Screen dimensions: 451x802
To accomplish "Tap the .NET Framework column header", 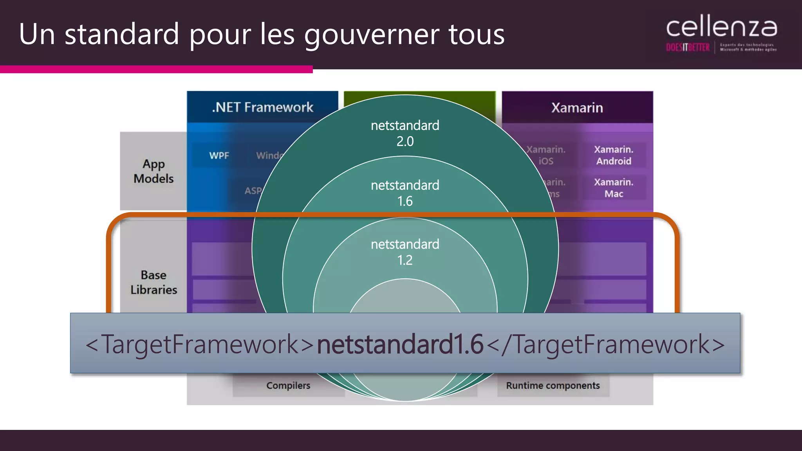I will [262, 107].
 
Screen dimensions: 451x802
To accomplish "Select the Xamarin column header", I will [577, 108].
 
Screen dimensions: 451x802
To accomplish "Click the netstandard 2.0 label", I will [405, 133].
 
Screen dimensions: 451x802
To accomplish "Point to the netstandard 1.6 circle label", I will [405, 193].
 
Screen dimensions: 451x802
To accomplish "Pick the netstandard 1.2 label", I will [405, 252].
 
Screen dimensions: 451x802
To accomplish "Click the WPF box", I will [219, 155].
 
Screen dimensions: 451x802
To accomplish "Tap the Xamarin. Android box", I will [613, 155].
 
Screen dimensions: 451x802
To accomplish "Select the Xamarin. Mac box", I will [613, 188].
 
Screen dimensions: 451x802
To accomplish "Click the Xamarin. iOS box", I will [546, 155].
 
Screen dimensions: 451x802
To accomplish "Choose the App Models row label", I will [154, 171].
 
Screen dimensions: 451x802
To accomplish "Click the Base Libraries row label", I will [154, 282].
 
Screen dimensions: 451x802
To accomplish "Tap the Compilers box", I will [288, 386].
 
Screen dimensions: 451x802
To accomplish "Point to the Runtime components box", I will [553, 386].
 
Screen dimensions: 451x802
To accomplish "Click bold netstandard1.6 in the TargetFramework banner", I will [400, 344].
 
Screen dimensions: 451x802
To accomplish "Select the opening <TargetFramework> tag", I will [200, 344].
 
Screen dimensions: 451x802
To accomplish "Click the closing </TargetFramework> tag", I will [605, 344].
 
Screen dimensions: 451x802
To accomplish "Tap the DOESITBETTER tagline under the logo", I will [688, 48].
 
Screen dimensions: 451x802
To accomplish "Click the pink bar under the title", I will [156, 69].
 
